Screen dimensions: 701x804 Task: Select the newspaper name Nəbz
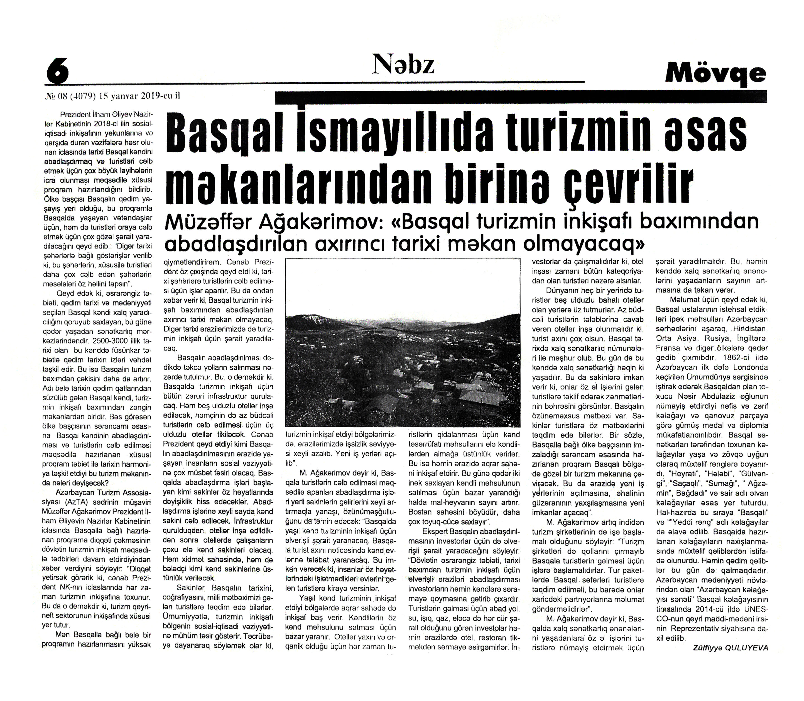(x=404, y=65)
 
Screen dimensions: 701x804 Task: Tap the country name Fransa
(x=668, y=348)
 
